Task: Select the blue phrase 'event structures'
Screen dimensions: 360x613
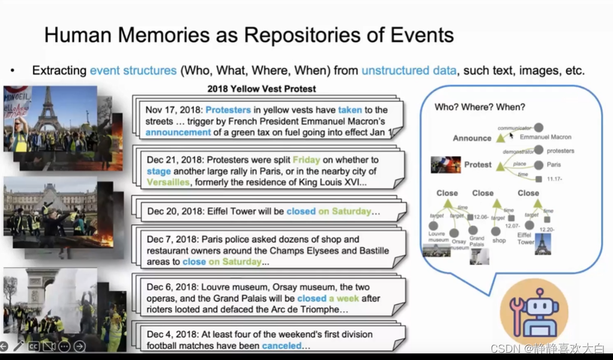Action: point(133,70)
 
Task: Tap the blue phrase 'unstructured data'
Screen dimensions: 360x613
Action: point(408,70)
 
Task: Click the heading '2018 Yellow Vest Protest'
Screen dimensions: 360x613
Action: point(261,89)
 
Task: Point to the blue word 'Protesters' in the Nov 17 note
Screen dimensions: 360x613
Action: point(228,110)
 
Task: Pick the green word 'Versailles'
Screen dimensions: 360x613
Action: point(168,182)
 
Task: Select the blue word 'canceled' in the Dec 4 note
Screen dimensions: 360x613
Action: point(286,346)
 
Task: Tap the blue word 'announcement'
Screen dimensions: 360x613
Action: point(178,132)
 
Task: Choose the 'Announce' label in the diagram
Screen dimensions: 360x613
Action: point(472,138)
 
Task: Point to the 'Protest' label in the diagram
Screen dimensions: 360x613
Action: point(478,164)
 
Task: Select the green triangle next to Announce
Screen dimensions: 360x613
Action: point(500,138)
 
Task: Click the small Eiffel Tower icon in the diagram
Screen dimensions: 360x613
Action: point(543,244)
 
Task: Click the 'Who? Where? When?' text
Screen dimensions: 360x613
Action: point(480,107)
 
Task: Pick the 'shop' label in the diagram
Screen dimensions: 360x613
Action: point(498,240)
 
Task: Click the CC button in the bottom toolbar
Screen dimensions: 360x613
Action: point(34,346)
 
